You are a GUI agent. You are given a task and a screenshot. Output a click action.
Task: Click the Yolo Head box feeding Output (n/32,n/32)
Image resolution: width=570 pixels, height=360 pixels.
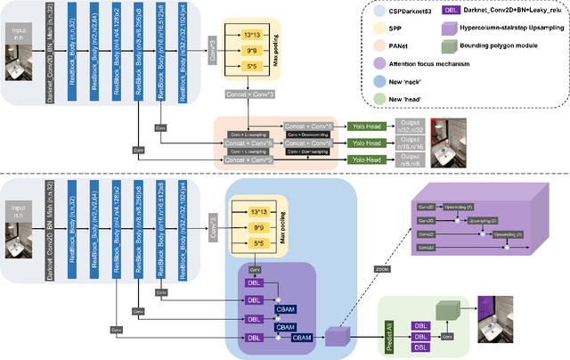point(367,127)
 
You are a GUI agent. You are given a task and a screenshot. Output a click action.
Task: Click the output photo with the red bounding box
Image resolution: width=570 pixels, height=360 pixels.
point(444,144)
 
